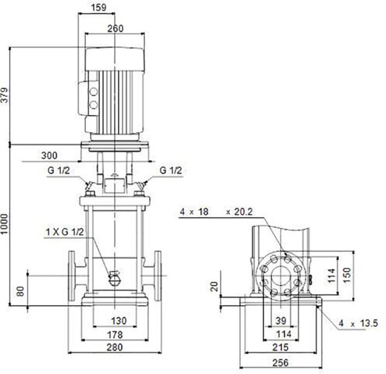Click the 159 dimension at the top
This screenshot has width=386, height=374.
point(99,8)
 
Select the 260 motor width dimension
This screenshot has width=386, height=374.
point(115,29)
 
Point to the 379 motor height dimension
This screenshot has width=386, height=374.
point(5,95)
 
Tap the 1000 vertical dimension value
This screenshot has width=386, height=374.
point(5,224)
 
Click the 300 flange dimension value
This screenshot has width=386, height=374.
point(49,155)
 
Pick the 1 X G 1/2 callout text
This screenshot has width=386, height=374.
point(65,232)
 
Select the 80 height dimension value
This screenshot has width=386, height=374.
point(21,291)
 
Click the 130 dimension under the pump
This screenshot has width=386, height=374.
point(119,321)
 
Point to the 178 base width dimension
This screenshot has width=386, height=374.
point(115,335)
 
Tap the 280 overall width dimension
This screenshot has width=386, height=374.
point(114,347)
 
